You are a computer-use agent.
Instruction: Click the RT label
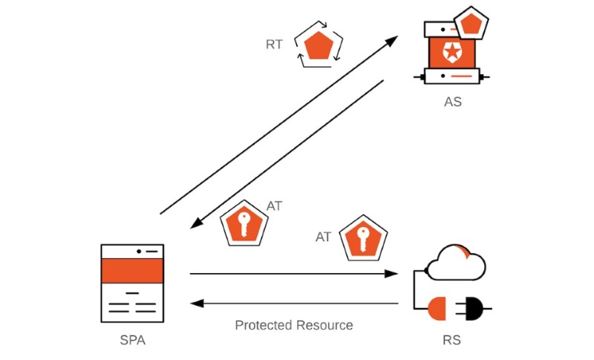pyautogui.click(x=274, y=45)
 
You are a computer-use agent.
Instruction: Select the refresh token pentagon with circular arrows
pyautogui.click(x=319, y=45)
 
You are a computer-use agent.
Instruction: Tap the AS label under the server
pyautogui.click(x=453, y=102)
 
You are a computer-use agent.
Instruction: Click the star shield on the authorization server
pyautogui.click(x=451, y=52)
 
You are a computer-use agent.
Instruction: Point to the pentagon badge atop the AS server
pyautogui.click(x=471, y=23)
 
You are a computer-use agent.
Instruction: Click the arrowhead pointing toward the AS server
pyautogui.click(x=392, y=40)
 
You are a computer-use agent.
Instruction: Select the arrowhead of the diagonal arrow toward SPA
pyautogui.click(x=196, y=223)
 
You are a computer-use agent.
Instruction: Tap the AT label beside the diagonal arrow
pyautogui.click(x=274, y=206)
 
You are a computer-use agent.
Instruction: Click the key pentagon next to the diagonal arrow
pyautogui.click(x=244, y=223)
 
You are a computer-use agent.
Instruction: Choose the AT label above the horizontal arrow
pyautogui.click(x=323, y=237)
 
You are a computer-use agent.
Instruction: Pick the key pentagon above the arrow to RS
pyautogui.click(x=363, y=238)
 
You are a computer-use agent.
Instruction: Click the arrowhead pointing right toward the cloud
pyautogui.click(x=391, y=274)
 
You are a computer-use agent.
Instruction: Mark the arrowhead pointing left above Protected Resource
pyautogui.click(x=197, y=304)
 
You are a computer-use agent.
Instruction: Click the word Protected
pyautogui.click(x=263, y=325)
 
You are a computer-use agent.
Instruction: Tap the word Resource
pyautogui.click(x=324, y=325)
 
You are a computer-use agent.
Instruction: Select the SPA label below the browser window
pyautogui.click(x=133, y=340)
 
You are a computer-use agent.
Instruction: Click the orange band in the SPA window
pyautogui.click(x=132, y=271)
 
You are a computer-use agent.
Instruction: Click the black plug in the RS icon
pyautogui.click(x=474, y=309)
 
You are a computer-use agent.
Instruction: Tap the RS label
pyautogui.click(x=451, y=340)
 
